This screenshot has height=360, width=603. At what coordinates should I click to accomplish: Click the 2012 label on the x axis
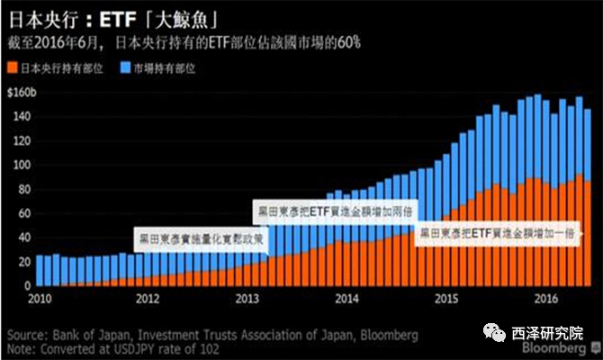click(148, 298)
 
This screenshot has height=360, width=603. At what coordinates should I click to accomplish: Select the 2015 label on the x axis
click(445, 298)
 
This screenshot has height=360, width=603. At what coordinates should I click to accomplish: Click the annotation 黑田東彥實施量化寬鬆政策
click(200, 240)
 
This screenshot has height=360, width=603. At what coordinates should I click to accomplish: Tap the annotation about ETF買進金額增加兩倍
click(331, 210)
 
